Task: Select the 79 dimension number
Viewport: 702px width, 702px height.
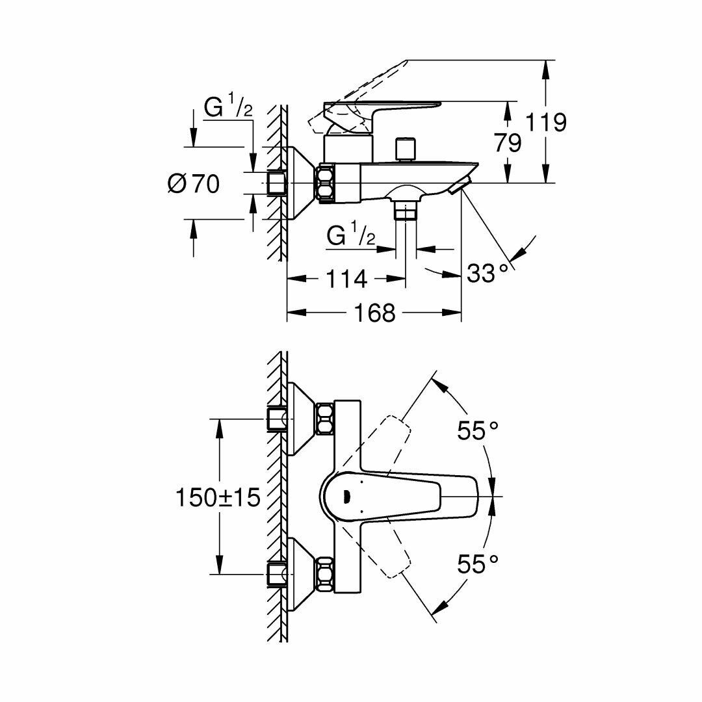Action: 506,143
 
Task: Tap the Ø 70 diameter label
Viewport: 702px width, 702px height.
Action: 194,184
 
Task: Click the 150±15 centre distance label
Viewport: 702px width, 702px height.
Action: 218,497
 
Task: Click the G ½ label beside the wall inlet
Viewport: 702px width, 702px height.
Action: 228,108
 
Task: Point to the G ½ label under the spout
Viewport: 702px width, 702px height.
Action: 351,236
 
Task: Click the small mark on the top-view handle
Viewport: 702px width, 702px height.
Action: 345,497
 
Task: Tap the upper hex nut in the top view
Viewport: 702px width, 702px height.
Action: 324,419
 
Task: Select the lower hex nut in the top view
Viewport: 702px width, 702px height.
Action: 324,573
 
